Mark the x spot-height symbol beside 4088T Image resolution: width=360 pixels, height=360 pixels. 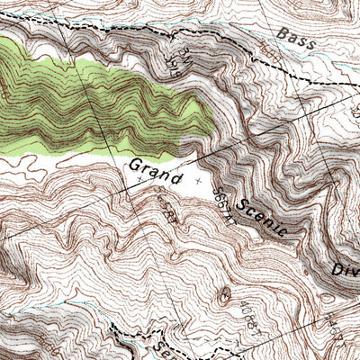point(222,295)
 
